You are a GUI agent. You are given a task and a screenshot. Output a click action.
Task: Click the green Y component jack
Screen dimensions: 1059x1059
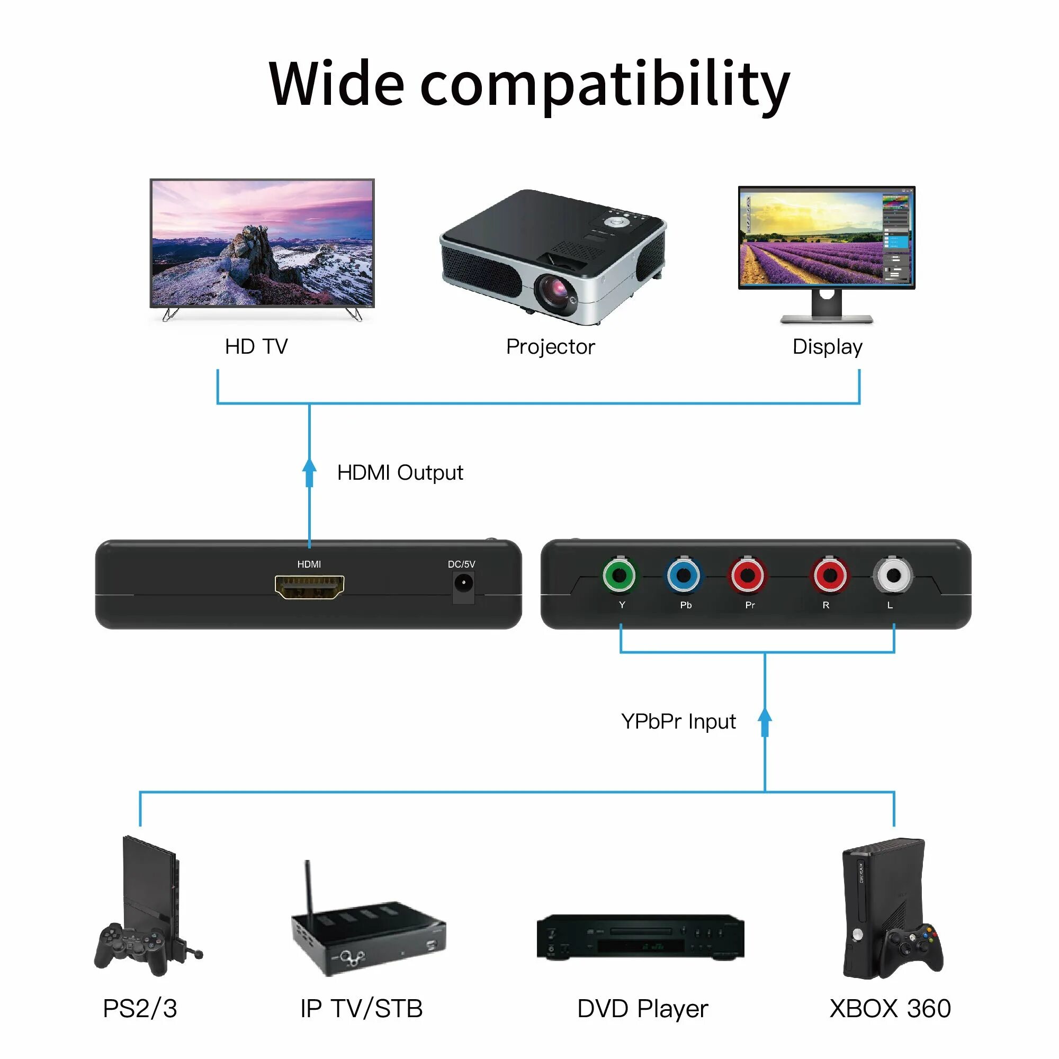[619, 576]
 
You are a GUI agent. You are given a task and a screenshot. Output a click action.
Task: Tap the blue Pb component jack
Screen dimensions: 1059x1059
[683, 576]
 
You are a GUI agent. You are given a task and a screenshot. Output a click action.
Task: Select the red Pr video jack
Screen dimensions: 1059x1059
[747, 576]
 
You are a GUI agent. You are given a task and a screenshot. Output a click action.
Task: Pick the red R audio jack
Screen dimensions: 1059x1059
[829, 576]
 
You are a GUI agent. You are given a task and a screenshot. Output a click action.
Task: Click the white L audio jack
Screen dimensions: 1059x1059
[893, 576]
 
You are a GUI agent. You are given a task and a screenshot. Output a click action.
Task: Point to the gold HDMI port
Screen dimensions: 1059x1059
[309, 587]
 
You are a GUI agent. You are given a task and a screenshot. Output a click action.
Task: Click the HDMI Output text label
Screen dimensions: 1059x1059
[400, 472]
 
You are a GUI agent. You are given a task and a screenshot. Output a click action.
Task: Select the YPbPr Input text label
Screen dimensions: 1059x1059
[678, 721]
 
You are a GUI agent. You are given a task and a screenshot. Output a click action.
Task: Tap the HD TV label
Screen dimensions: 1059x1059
[256, 346]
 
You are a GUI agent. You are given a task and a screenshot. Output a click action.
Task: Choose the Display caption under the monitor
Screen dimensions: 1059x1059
[827, 346]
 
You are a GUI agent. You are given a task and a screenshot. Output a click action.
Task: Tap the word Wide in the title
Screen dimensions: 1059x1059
[337, 83]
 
